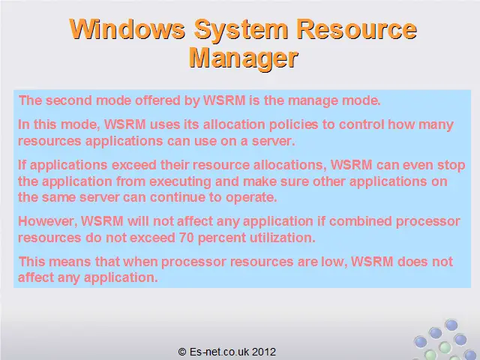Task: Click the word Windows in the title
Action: point(127,29)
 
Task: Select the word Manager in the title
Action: point(243,58)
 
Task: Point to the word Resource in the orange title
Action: point(357,29)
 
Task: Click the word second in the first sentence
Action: point(69,100)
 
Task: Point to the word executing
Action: point(180,182)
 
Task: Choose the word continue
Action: point(178,197)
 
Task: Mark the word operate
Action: point(251,198)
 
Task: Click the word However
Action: point(47,221)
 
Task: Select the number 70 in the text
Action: point(187,238)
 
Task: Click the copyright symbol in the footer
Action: point(182,352)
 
